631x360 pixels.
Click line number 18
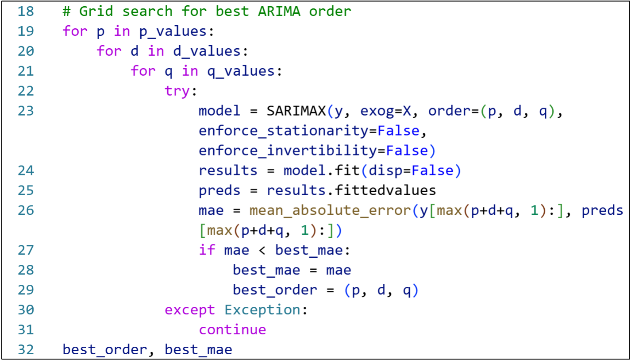(26, 11)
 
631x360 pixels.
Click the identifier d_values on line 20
(207, 51)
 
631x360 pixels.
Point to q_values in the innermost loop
(241, 71)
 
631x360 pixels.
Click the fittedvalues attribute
(385, 190)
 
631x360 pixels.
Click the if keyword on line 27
(207, 250)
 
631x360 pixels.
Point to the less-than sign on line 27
(262, 251)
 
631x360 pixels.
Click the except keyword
(190, 310)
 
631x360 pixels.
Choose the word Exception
(263, 310)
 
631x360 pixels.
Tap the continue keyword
(233, 330)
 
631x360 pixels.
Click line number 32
(26, 350)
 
